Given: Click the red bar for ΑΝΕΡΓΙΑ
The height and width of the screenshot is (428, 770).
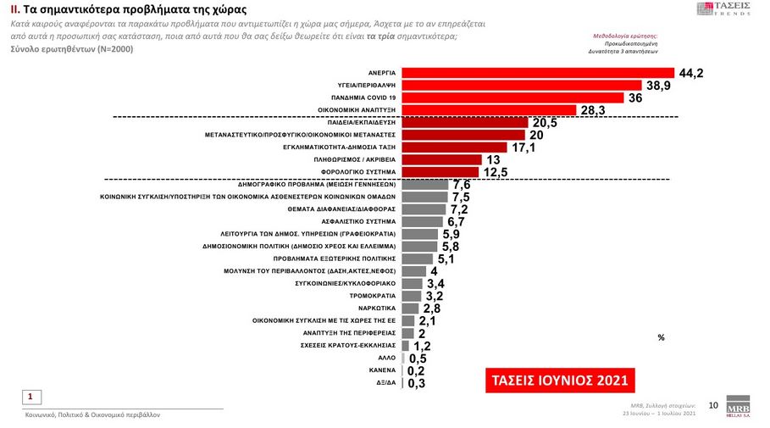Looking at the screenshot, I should coord(536,73).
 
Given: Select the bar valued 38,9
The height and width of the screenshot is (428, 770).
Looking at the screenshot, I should coord(520,86).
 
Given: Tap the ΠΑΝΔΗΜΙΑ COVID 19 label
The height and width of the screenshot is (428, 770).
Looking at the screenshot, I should coord(365,98).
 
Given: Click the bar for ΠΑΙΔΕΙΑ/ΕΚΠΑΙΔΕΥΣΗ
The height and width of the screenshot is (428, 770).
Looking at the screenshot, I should coord(464,123).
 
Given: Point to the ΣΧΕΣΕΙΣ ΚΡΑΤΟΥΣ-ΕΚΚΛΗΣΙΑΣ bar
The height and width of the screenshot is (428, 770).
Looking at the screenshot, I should coord(405,346).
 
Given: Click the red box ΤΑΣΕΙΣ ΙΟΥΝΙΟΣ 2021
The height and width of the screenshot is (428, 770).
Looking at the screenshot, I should coord(557,379).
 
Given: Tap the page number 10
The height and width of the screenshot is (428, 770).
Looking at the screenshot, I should coord(712,406).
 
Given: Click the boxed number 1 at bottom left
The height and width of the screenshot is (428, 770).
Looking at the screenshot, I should coord(30,396).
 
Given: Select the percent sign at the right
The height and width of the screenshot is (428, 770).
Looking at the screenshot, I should coord(661,337).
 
